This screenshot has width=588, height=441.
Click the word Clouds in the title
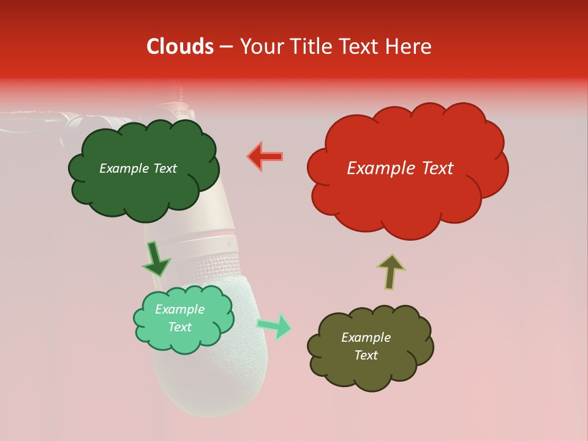point(180,47)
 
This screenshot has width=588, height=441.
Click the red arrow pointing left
point(265,156)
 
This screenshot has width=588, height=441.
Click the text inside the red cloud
point(400,168)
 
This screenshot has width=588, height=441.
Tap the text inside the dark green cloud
point(138,168)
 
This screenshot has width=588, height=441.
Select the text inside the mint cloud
point(179,318)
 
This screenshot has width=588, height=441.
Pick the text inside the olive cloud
point(366,346)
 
